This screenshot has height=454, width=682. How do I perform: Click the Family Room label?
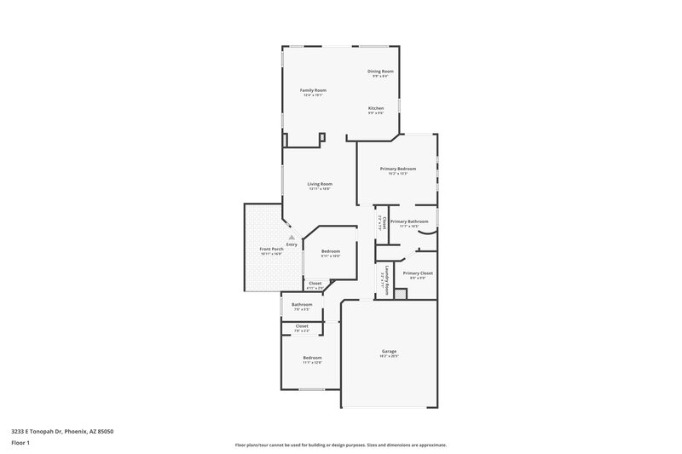(313, 90)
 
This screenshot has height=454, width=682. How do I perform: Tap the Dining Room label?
(380, 71)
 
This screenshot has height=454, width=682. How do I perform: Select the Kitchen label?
(376, 108)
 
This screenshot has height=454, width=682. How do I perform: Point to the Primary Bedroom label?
(398, 169)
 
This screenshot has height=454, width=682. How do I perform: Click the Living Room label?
(320, 183)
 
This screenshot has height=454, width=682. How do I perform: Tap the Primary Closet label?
(418, 273)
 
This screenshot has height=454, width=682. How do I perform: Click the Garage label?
(389, 351)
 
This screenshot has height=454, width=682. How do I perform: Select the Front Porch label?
(272, 249)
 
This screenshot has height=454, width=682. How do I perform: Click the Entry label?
(292, 244)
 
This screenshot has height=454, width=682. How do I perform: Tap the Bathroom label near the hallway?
(302, 304)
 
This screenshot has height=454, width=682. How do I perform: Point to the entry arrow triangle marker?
(292, 237)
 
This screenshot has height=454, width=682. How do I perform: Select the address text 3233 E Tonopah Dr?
(62, 432)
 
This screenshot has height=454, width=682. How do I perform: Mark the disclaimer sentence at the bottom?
(340, 445)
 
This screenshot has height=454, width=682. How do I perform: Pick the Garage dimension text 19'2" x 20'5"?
(389, 356)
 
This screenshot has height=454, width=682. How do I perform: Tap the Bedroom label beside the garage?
(312, 357)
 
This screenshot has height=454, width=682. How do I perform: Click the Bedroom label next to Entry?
(331, 250)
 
